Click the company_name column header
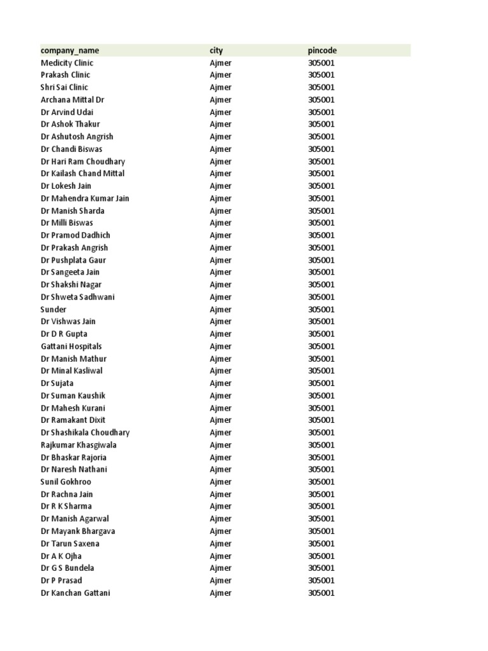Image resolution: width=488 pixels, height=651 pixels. (70, 50)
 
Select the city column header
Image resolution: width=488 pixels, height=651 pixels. (216, 50)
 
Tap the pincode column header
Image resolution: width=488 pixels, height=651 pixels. (322, 50)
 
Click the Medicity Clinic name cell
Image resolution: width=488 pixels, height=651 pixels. (67, 63)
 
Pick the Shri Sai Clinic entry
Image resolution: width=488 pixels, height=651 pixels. (64, 87)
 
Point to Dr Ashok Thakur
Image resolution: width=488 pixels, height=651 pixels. (70, 124)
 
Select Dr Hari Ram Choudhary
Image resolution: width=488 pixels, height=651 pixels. (83, 161)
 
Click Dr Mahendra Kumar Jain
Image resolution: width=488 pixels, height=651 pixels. (85, 198)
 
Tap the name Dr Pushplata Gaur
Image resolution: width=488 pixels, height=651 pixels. (73, 260)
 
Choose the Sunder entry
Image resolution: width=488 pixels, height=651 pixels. (53, 310)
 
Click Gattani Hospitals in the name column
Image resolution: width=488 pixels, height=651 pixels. (71, 346)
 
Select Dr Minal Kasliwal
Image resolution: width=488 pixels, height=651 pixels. (71, 371)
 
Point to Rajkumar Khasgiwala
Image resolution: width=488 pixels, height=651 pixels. (78, 445)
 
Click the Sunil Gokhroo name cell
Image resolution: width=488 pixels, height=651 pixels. (65, 482)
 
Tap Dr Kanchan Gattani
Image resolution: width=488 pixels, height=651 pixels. (75, 593)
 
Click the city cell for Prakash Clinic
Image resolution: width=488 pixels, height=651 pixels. (220, 75)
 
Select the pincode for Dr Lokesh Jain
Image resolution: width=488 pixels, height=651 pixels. (322, 186)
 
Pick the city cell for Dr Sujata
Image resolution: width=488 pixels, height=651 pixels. (220, 383)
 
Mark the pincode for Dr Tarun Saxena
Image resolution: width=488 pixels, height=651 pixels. (322, 544)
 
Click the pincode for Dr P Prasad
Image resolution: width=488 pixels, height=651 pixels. (322, 580)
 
